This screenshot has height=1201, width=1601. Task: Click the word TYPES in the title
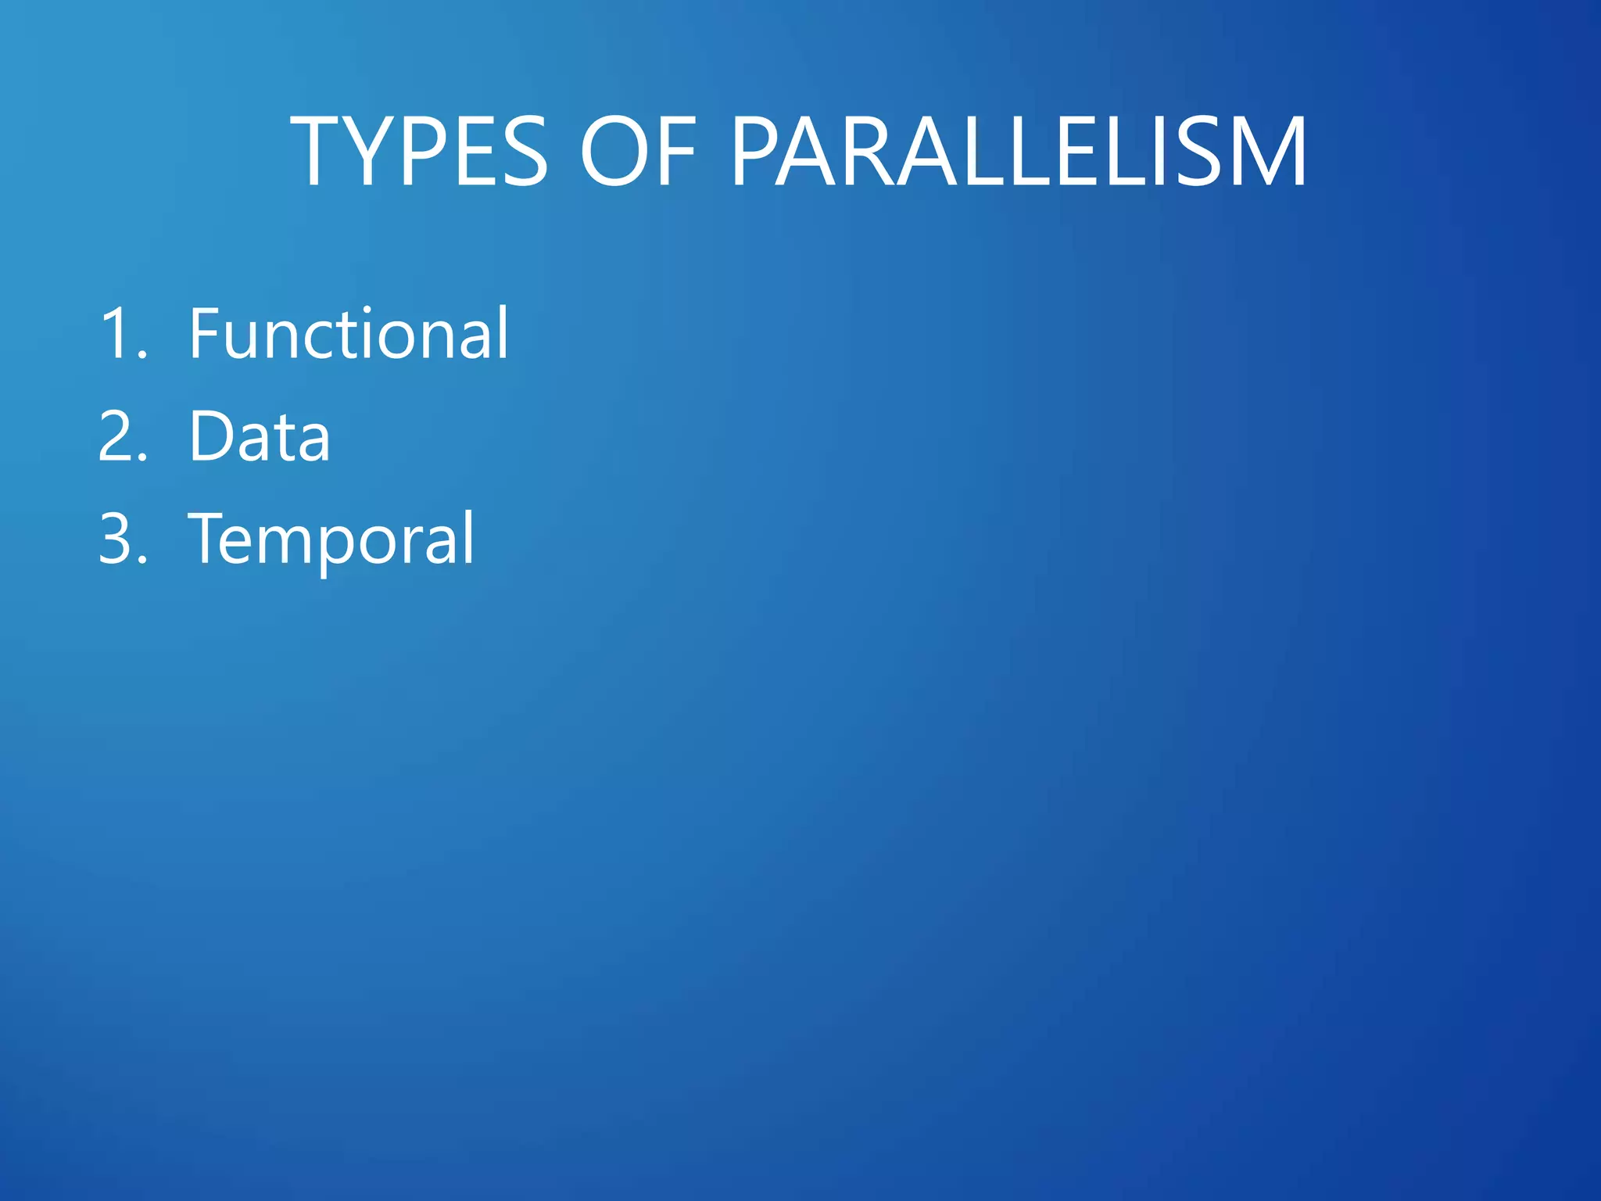[x=419, y=152]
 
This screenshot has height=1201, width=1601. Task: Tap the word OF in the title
[x=637, y=152]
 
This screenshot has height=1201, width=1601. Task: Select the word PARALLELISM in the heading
[x=1019, y=152]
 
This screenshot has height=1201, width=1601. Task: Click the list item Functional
[x=349, y=335]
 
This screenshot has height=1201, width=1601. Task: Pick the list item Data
[x=260, y=436]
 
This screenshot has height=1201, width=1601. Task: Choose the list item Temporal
[x=331, y=539]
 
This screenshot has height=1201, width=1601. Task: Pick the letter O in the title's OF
[x=614, y=152]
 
